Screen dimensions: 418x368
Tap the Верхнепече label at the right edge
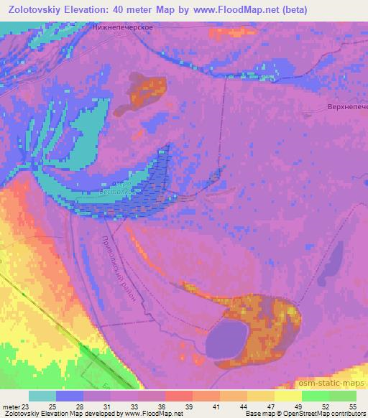point(344,107)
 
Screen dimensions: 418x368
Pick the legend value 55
point(352,407)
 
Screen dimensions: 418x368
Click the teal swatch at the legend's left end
point(42,396)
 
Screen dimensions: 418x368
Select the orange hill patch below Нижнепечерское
point(146,91)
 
